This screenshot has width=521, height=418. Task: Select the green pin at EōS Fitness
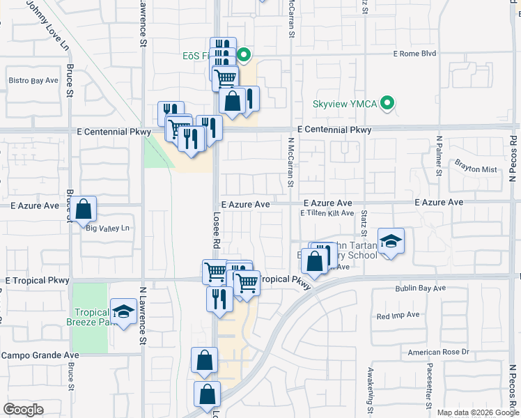click(244, 54)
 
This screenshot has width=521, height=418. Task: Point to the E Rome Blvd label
click(414, 53)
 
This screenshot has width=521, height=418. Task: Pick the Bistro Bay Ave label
click(33, 80)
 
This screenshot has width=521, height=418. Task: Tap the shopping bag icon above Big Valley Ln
click(83, 208)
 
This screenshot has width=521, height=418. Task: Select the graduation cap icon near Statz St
click(391, 241)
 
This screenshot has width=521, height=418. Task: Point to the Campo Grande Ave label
click(40, 355)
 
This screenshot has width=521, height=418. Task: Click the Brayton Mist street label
click(476, 169)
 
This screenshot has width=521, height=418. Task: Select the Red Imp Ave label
click(398, 315)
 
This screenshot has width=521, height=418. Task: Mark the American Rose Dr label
click(439, 353)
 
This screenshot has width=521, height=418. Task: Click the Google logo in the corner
click(24, 409)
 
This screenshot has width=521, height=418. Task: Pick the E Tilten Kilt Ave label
click(327, 213)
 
